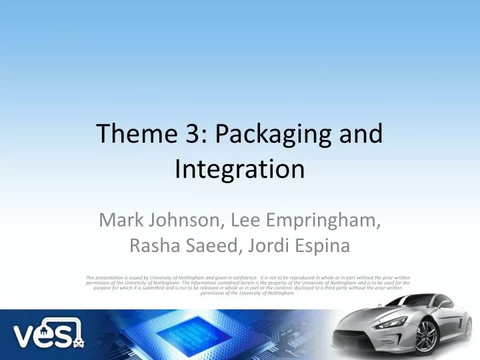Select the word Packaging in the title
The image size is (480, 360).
272,136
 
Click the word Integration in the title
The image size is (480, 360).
240,169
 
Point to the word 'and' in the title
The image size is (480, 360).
363,135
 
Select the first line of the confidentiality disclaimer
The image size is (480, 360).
248,277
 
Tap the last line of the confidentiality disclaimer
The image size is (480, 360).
248,293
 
